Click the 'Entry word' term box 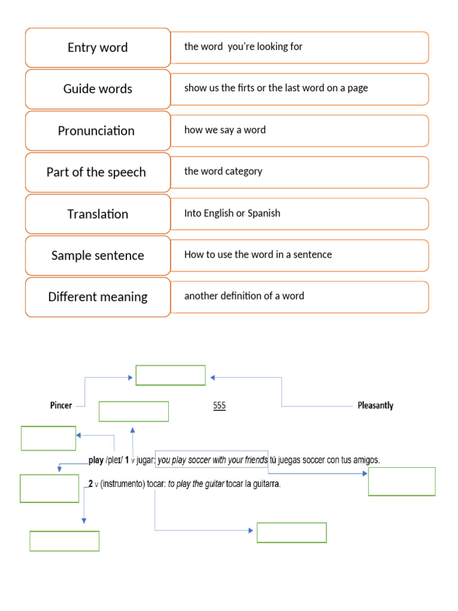click(x=98, y=48)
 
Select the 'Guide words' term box click(x=98, y=89)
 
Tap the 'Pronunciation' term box click(x=98, y=131)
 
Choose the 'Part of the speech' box click(x=98, y=172)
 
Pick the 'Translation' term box click(x=98, y=214)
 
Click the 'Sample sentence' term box click(x=98, y=255)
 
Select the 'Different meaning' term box click(x=98, y=297)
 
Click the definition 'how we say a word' click(x=225, y=130)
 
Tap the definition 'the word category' click(x=223, y=171)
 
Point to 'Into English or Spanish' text click(x=232, y=213)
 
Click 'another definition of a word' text click(x=244, y=296)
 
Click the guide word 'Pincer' click(x=61, y=406)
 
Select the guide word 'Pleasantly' click(x=375, y=406)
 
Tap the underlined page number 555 click(x=219, y=406)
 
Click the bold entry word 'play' click(x=95, y=460)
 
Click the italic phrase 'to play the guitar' click(x=196, y=484)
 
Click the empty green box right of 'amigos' click(x=401, y=482)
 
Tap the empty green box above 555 click(x=171, y=375)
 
